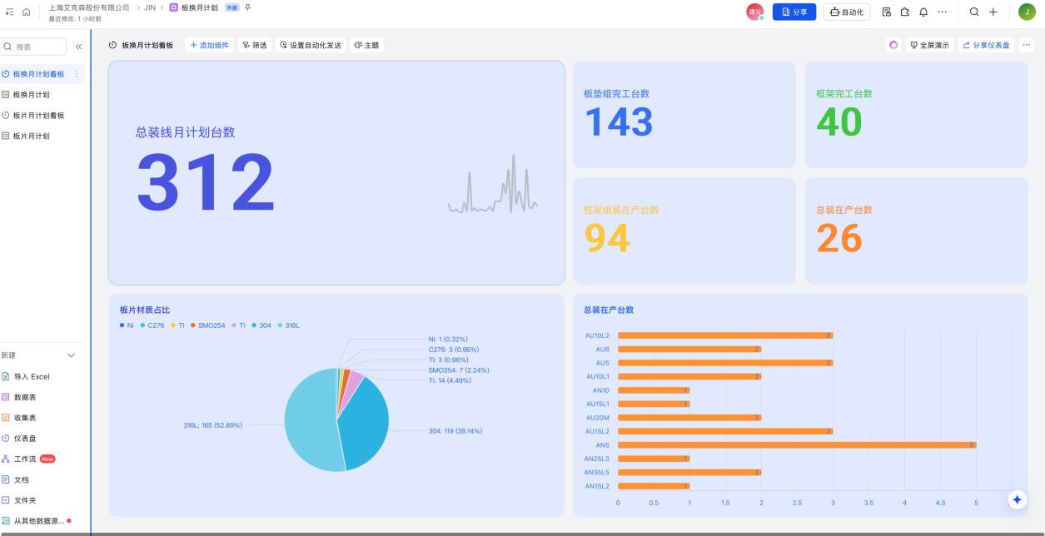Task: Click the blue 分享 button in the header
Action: coord(794,12)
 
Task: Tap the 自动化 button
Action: coord(846,12)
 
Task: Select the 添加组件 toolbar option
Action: coord(209,45)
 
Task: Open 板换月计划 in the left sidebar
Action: coord(31,95)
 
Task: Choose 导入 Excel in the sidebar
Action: coord(32,376)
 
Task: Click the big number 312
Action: coord(206,182)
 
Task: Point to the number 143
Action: coord(618,122)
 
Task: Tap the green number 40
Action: coord(838,122)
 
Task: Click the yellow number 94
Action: coord(607,238)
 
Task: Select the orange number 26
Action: coord(838,238)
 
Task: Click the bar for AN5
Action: coord(796,445)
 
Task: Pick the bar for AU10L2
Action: coord(724,335)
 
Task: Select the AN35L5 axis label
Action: coord(596,473)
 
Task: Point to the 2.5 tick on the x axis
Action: coord(797,503)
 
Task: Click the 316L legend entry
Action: coord(288,325)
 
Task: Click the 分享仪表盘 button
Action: coord(986,45)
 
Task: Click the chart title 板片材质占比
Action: coord(145,310)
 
